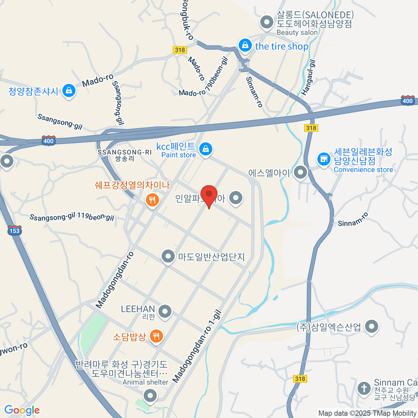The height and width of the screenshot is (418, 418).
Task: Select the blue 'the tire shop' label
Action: [x=281, y=46]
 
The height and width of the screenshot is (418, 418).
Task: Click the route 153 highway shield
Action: [x=14, y=230]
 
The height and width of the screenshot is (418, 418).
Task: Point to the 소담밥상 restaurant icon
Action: [x=156, y=336]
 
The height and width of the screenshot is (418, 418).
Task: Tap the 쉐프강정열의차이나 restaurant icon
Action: [x=152, y=200]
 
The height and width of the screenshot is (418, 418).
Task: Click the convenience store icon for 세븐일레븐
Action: [x=324, y=159]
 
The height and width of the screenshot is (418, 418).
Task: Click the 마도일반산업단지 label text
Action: [x=211, y=257]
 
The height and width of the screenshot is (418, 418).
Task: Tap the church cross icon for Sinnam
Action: [x=364, y=388]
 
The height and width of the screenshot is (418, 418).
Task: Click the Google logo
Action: [x=22, y=410]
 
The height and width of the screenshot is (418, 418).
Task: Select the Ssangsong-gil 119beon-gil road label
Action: [x=72, y=217]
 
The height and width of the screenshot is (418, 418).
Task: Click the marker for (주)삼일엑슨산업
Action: [x=372, y=326]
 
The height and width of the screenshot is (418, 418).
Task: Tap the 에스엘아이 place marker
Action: [x=300, y=172]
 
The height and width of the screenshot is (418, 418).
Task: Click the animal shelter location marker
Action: [x=150, y=395]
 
